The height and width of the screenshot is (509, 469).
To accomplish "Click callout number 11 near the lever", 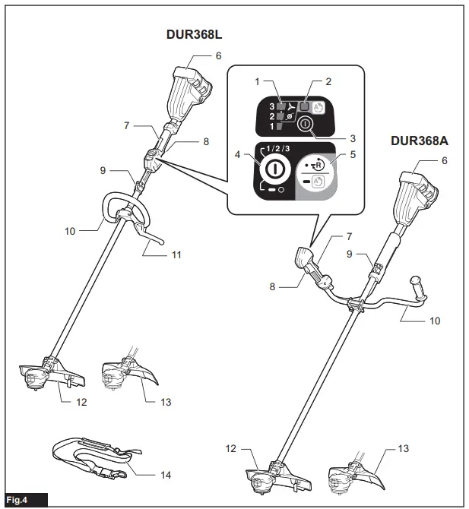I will coord(176,254).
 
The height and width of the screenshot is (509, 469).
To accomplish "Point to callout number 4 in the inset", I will coord(238,154).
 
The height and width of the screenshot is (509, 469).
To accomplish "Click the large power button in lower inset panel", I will coord(275,166).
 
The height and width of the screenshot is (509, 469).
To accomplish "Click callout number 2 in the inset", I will coord(328,81).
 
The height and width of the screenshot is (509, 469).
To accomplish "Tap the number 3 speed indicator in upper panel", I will coord(271,106).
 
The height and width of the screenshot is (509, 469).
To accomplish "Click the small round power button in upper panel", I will coord(304,124).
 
